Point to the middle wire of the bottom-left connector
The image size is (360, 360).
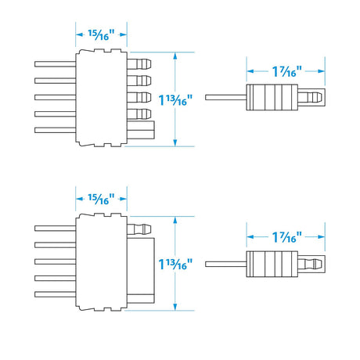(55, 261)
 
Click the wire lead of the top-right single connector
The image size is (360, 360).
(225, 98)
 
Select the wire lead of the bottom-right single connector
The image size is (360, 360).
(225, 264)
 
